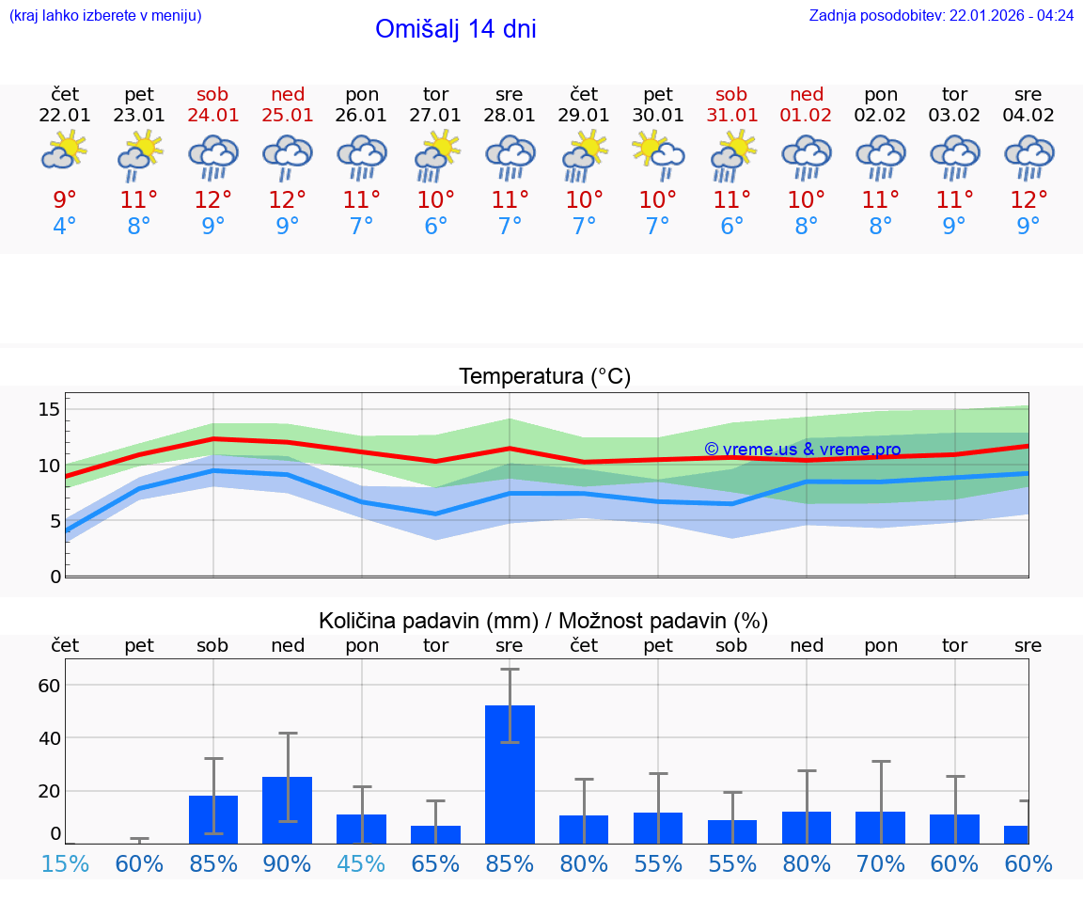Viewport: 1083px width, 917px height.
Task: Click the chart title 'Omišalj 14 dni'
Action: click(456, 29)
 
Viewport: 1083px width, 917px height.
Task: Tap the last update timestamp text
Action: click(941, 16)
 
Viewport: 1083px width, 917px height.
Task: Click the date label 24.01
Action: click(212, 116)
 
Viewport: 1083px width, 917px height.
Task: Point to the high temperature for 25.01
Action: click(288, 200)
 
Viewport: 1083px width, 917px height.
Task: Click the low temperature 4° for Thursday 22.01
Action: click(65, 227)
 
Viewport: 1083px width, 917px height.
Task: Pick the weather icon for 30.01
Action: click(658, 152)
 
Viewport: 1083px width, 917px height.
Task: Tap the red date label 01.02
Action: click(806, 116)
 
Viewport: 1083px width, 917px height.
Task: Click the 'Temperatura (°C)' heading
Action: click(544, 377)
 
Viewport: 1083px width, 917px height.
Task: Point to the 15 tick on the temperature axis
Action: click(49, 409)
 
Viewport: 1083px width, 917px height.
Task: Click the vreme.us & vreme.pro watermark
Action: click(802, 450)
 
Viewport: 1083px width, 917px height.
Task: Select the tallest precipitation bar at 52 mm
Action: click(510, 773)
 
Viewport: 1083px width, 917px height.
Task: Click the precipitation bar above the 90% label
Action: click(288, 809)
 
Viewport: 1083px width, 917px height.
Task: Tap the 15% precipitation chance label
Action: click(65, 864)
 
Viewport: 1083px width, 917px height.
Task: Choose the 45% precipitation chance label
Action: click(362, 864)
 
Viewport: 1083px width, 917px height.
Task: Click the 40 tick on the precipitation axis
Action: click(49, 738)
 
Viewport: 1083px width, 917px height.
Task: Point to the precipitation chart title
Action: click(543, 621)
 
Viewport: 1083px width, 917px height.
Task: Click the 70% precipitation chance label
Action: click(881, 864)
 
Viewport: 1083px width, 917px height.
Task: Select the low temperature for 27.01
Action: click(435, 227)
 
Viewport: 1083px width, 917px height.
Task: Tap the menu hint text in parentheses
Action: click(105, 16)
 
